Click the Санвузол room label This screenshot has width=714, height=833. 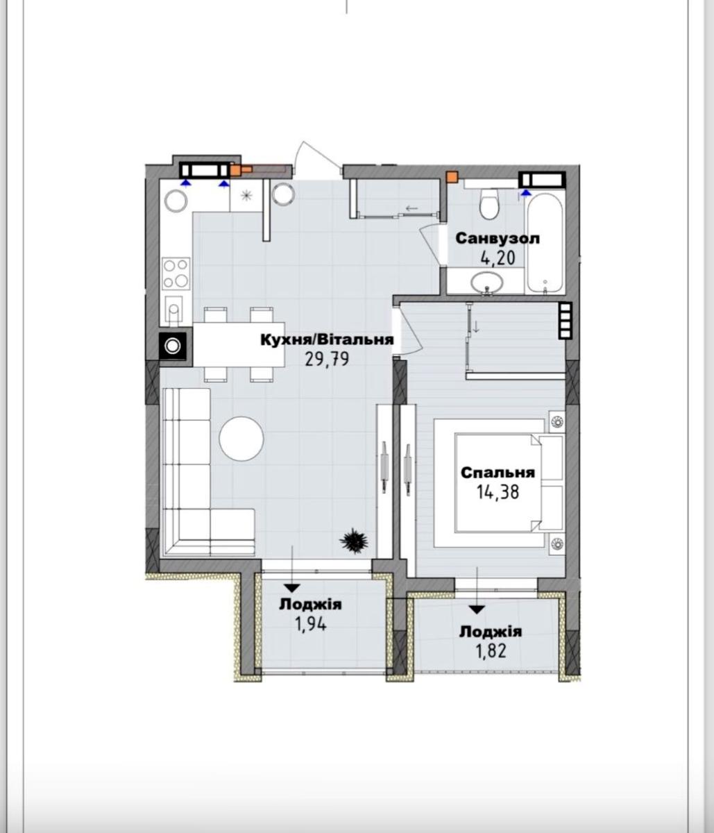click(x=498, y=239)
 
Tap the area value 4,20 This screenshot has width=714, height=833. click(x=498, y=258)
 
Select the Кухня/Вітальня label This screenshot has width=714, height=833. click(x=328, y=339)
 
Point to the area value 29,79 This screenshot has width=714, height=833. click(x=327, y=359)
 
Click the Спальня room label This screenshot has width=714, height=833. click(x=498, y=472)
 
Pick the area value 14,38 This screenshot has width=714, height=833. click(x=498, y=492)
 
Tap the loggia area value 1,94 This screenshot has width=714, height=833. click(x=311, y=624)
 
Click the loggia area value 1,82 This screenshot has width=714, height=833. click(x=491, y=651)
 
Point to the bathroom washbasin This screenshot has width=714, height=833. click(x=486, y=283)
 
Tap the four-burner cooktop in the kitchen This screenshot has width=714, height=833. click(x=176, y=274)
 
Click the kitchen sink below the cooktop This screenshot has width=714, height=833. click(x=173, y=310)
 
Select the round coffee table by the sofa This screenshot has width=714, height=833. click(x=241, y=439)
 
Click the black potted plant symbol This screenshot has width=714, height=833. click(x=353, y=541)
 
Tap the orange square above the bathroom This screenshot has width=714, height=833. click(x=452, y=176)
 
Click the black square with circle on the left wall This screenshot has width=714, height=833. click(x=173, y=346)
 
